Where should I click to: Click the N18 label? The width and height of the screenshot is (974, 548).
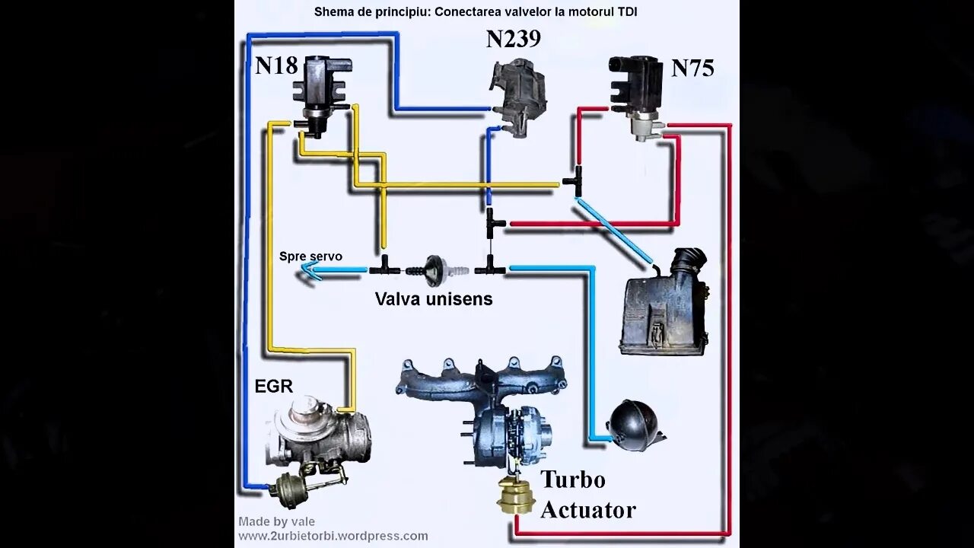276,65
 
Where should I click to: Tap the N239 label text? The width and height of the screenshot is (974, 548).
513,40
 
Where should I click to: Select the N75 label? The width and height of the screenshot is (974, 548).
692,68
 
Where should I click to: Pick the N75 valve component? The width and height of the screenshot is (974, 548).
638,93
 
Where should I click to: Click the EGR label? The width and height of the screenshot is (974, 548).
273,386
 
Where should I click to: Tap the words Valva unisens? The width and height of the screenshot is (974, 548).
434,299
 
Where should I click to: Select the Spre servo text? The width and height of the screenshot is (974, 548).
310,256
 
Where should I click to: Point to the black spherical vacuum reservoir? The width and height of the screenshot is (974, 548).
633,425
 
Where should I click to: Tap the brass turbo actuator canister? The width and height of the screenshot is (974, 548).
515,495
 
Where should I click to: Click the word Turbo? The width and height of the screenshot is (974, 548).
573,479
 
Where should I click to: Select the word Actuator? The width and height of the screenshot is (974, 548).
587,509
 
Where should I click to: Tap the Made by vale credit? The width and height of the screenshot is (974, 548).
276,521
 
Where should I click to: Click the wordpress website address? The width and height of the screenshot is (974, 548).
333,536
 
